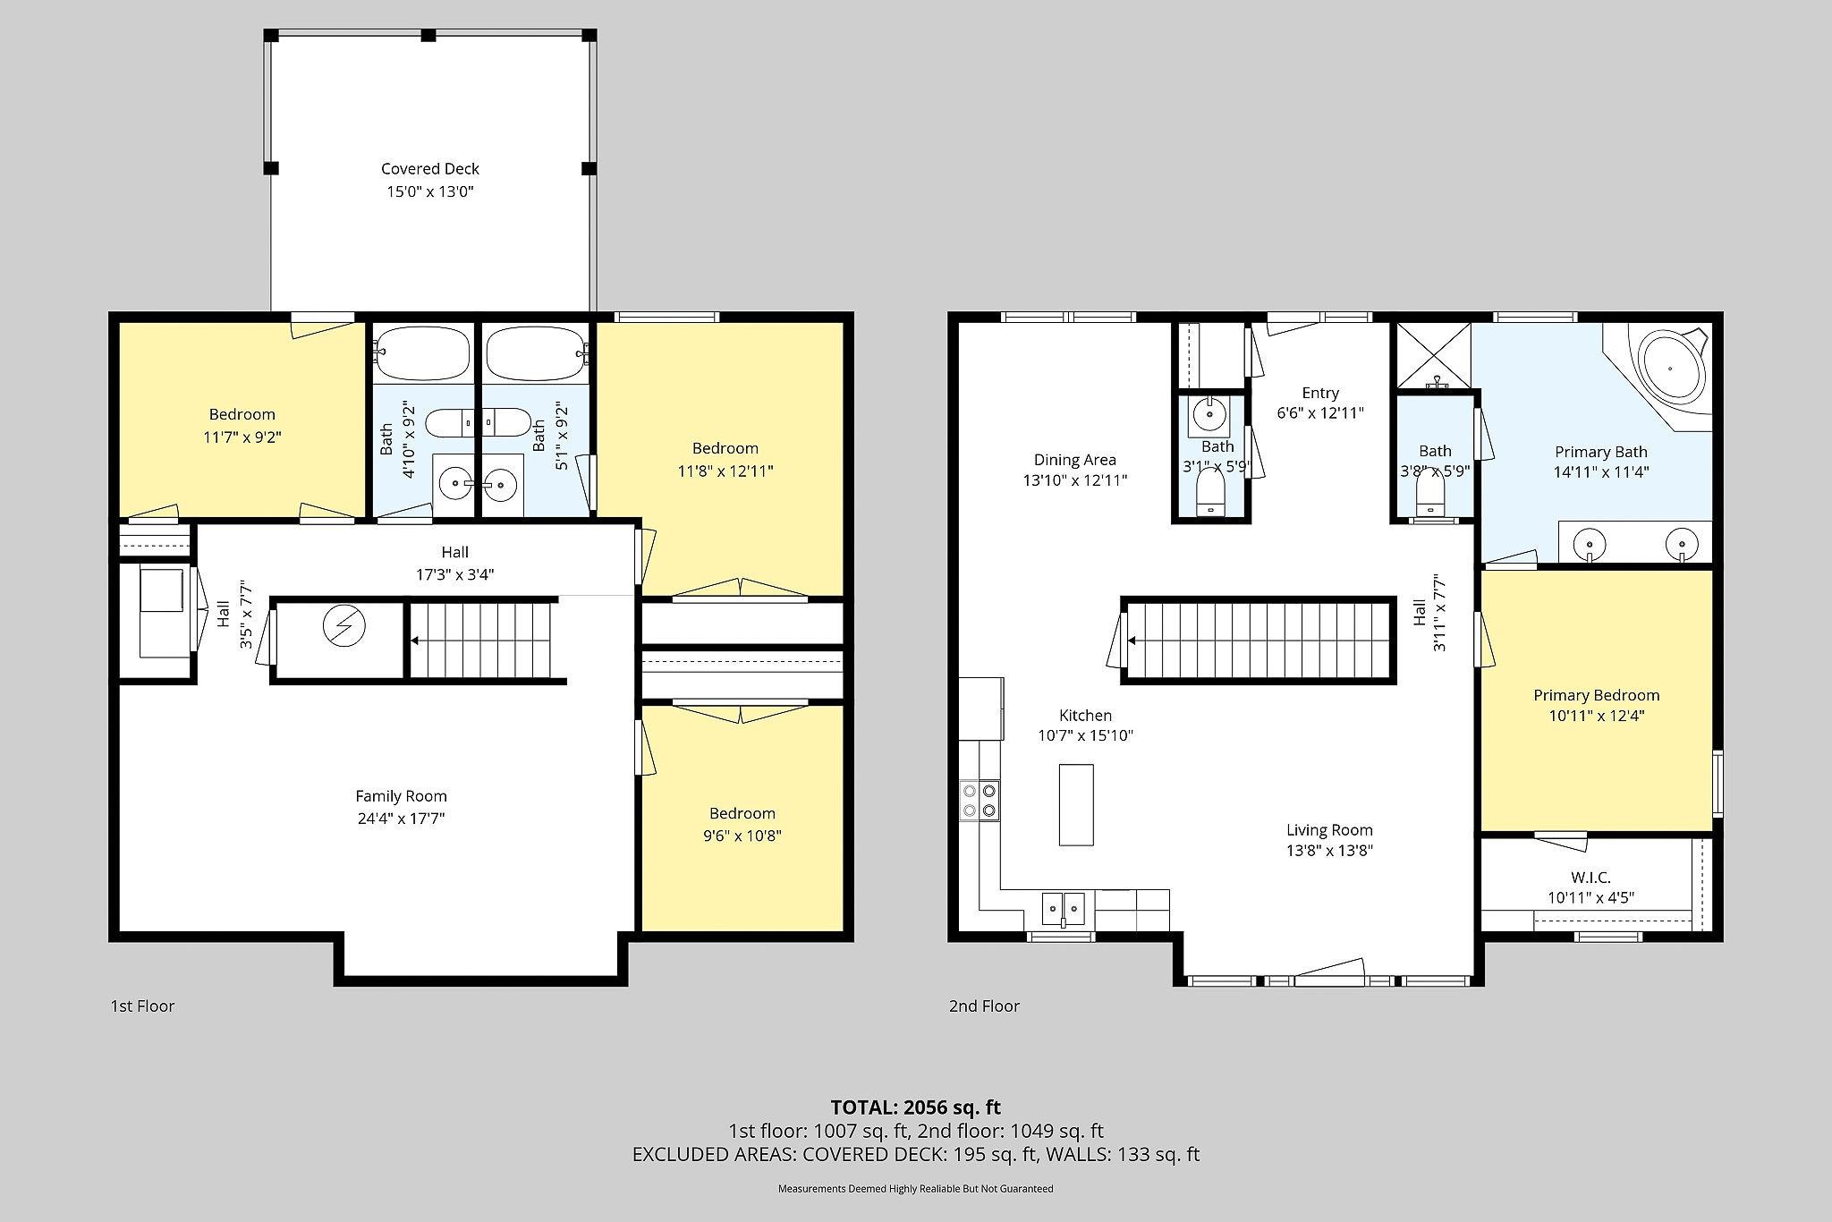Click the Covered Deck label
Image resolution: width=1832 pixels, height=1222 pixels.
point(430,168)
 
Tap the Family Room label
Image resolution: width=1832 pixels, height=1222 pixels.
point(401,795)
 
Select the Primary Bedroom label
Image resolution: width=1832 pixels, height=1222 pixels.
point(1597,695)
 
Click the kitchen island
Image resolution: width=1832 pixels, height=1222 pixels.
point(1076,804)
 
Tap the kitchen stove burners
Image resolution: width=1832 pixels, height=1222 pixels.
point(980,800)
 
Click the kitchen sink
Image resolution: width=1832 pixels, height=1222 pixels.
point(1063,908)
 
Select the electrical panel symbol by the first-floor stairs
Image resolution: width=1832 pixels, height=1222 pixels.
point(343,626)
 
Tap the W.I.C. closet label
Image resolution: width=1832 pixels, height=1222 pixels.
point(1590,878)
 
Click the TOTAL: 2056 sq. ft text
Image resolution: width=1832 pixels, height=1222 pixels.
point(915,1107)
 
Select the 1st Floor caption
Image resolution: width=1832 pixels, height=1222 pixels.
point(142,1006)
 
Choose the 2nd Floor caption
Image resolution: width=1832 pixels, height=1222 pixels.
point(984,1006)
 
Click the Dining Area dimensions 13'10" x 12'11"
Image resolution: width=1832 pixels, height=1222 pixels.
point(1075,480)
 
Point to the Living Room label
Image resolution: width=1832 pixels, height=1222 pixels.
point(1329,829)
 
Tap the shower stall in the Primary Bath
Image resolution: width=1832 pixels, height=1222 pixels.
point(1434,356)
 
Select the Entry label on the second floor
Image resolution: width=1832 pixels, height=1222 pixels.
point(1320,393)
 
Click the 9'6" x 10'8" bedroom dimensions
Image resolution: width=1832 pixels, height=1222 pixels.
point(742,836)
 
